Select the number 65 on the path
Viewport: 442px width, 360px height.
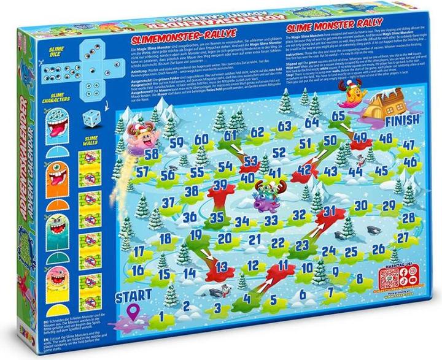click(x=338, y=115)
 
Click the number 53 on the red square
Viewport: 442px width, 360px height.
click(x=250, y=160)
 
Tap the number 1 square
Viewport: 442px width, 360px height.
click(x=160, y=317)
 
